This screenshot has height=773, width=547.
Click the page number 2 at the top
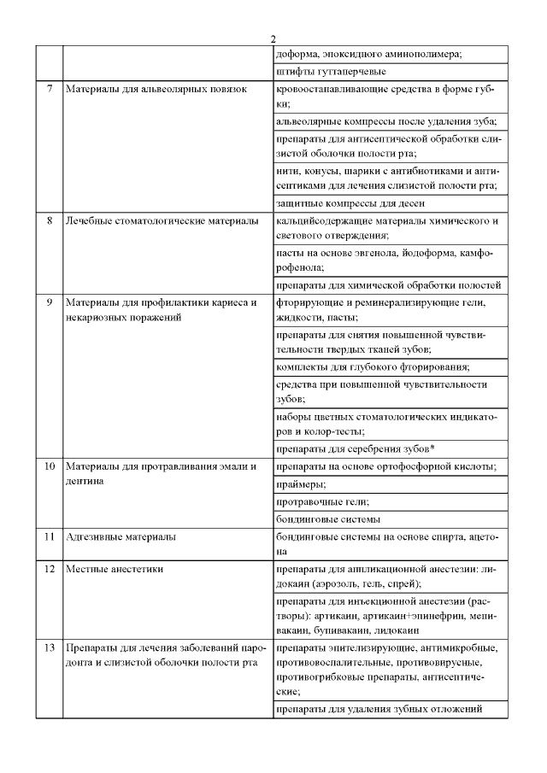pyautogui.click(x=273, y=39)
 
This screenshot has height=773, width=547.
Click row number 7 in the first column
pyautogui.click(x=50, y=89)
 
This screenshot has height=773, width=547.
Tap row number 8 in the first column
pyautogui.click(x=50, y=220)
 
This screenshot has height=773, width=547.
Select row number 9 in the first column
pyautogui.click(x=50, y=302)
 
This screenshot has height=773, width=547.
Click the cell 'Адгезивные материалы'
pyautogui.click(x=121, y=536)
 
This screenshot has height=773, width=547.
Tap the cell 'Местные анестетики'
pyautogui.click(x=115, y=568)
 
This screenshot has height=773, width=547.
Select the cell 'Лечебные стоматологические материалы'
pyautogui.click(x=162, y=220)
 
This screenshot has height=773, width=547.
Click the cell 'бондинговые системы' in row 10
pyautogui.click(x=329, y=518)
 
